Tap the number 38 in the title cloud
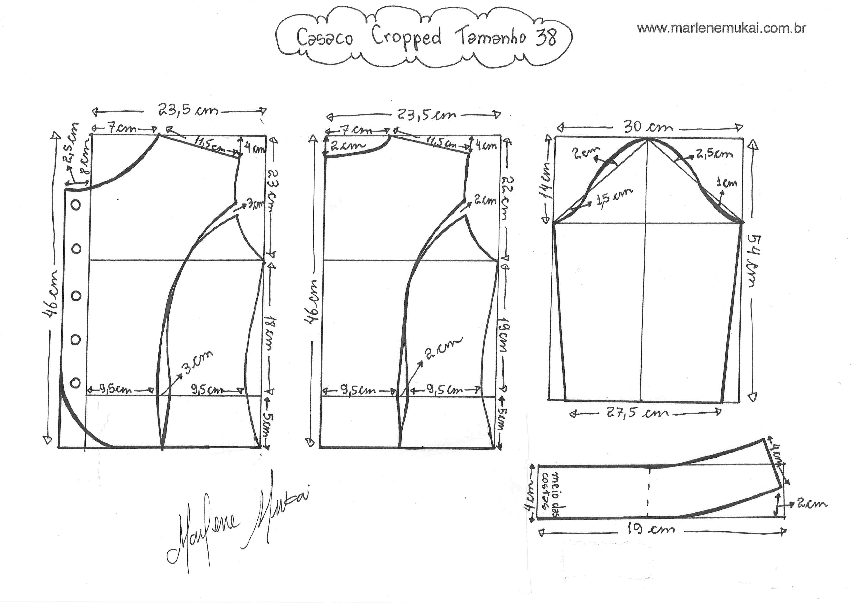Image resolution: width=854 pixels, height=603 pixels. point(546,37)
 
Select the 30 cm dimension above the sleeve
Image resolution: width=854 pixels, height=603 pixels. point(648,127)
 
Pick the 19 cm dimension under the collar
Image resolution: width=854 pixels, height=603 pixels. point(651,529)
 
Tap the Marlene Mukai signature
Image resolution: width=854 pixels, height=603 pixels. point(238,520)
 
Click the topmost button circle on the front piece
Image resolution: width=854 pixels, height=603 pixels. point(76,205)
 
